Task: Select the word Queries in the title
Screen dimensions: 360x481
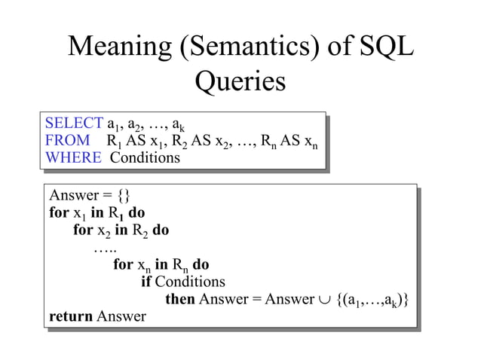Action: tap(240, 81)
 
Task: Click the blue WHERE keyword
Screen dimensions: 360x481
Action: tap(73, 157)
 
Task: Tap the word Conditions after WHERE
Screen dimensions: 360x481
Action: tap(146, 157)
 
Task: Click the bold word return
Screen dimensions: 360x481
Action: tap(71, 316)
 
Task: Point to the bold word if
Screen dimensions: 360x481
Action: tap(146, 282)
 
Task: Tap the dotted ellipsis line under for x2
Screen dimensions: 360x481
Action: tap(105, 248)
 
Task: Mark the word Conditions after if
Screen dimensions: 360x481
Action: tap(190, 282)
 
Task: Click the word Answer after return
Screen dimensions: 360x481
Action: tap(121, 316)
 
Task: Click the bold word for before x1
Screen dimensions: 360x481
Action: tap(59, 212)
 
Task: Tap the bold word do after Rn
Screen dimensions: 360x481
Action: tap(201, 264)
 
